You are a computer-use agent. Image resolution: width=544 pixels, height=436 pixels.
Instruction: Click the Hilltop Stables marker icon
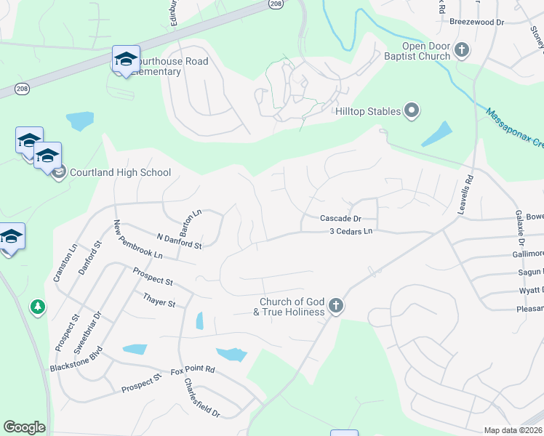(412, 111)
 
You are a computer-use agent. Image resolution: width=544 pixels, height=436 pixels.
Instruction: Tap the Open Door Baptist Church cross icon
(463, 49)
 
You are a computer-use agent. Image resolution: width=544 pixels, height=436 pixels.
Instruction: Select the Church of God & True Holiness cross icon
(335, 305)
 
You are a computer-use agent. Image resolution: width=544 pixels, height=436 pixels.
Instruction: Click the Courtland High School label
(121, 173)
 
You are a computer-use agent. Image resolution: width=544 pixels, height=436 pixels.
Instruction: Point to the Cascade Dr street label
(340, 218)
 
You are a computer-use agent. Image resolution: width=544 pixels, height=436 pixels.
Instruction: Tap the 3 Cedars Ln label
(351, 231)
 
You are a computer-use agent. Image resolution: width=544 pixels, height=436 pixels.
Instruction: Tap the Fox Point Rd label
(193, 370)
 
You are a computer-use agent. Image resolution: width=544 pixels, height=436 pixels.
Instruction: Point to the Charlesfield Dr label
(201, 397)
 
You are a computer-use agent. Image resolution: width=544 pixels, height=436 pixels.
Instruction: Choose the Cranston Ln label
(65, 262)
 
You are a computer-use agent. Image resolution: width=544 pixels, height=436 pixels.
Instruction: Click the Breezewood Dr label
(476, 23)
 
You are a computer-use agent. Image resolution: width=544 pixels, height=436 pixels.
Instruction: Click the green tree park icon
(37, 308)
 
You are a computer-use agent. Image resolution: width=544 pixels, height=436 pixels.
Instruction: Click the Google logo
(24, 427)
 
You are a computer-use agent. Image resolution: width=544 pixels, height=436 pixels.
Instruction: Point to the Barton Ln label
(191, 222)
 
